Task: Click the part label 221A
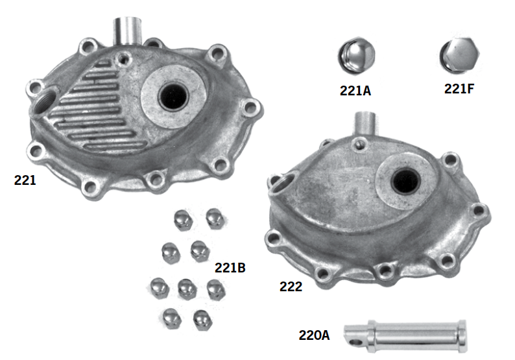click(355, 91)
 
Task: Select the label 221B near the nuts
click(230, 267)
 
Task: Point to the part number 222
click(291, 286)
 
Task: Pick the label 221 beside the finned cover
click(25, 180)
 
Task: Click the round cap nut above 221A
click(356, 58)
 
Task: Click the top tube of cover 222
click(365, 123)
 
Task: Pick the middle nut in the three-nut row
click(187, 287)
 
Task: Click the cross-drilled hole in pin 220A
click(352, 338)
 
